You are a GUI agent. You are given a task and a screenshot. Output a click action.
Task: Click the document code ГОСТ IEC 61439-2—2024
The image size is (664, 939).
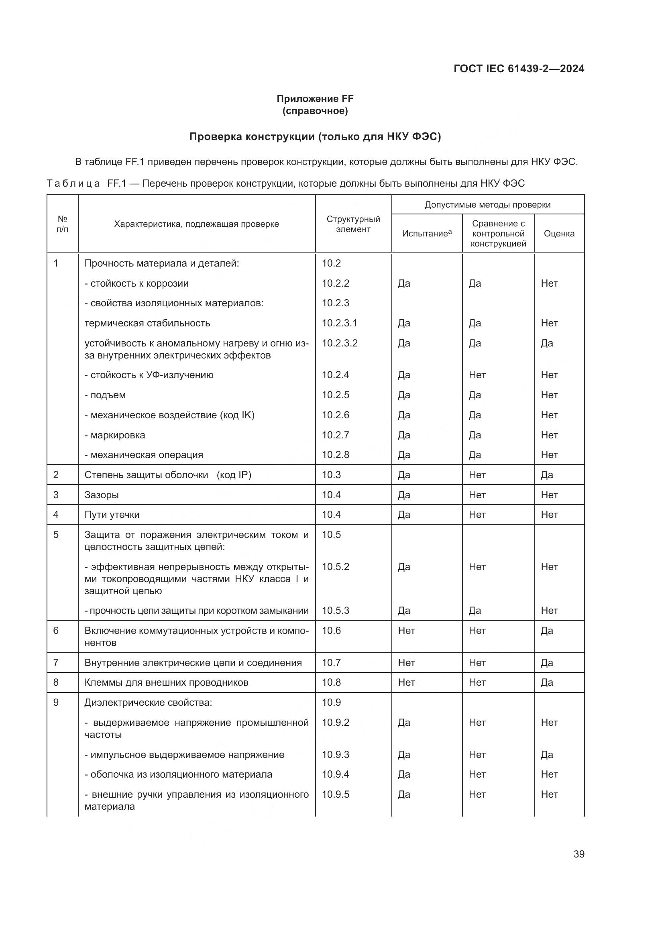[518, 69]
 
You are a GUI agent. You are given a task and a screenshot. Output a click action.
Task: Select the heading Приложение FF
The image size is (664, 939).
[315, 99]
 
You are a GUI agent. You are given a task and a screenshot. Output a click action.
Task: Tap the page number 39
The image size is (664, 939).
[578, 854]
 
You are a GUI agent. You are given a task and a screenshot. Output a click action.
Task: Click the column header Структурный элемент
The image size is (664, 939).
[353, 224]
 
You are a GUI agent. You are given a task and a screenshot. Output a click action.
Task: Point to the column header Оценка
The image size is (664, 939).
[558, 234]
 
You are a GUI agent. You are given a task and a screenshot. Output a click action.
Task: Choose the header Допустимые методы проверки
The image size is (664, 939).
[487, 204]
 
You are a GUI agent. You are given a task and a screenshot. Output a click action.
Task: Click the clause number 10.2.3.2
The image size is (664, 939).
[339, 343]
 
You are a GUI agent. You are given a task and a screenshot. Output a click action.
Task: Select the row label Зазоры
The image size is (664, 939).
[102, 495]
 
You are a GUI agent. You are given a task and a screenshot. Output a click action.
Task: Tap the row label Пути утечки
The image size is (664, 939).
[112, 515]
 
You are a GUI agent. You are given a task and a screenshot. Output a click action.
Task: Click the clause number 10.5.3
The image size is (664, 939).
[335, 611]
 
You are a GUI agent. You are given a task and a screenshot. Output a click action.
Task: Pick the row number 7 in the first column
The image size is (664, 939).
[56, 662]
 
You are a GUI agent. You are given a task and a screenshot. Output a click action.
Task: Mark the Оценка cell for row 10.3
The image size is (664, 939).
[547, 475]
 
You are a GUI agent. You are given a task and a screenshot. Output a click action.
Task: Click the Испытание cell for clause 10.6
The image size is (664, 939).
[406, 631]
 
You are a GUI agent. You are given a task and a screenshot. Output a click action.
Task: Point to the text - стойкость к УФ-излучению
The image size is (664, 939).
[149, 375]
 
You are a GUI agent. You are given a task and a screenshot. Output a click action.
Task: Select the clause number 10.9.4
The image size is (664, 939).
[335, 774]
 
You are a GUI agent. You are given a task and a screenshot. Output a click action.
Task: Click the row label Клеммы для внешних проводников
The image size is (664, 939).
[166, 682]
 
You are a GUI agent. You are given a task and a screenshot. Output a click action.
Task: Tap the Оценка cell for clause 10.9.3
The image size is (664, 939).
[547, 755]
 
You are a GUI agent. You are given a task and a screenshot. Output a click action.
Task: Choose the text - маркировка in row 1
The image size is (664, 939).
[114, 435]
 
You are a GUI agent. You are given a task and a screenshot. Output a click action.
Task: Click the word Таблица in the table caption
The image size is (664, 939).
[73, 183]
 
